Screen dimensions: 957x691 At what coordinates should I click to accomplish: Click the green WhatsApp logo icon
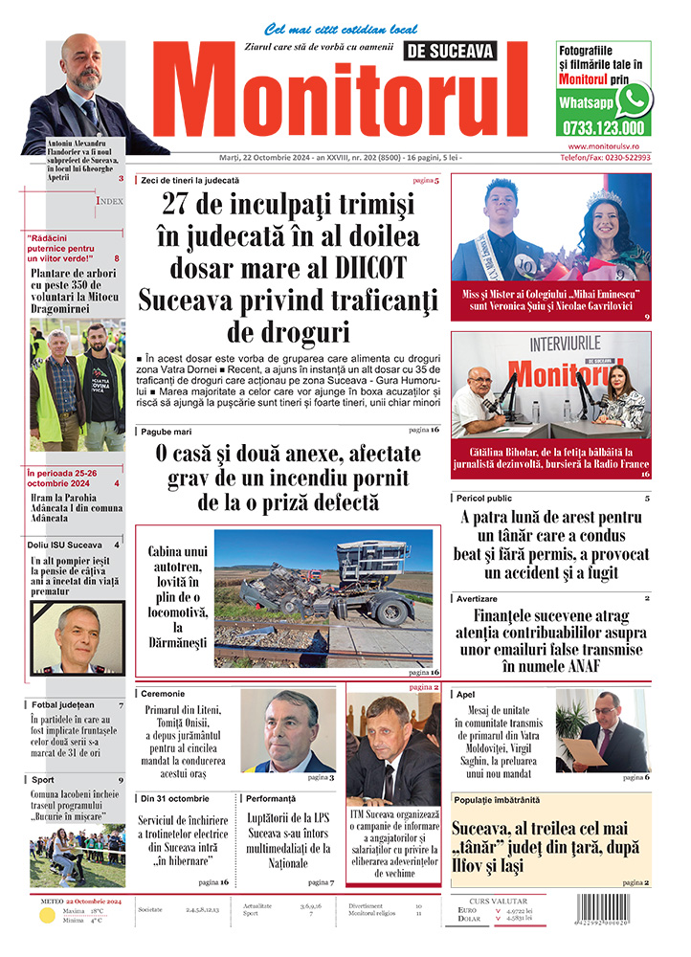pos(633,100)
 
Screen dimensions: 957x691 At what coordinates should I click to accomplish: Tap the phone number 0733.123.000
pos(604,127)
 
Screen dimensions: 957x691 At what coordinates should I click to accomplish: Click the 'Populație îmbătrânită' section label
pos(498,799)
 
